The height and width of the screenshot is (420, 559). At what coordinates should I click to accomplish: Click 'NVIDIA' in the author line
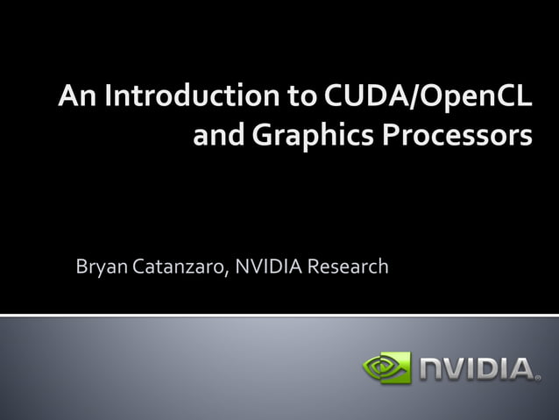(x=267, y=266)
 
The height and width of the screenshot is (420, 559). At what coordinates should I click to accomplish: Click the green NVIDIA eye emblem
(x=386, y=367)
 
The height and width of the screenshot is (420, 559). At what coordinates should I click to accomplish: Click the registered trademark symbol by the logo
(x=537, y=378)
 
